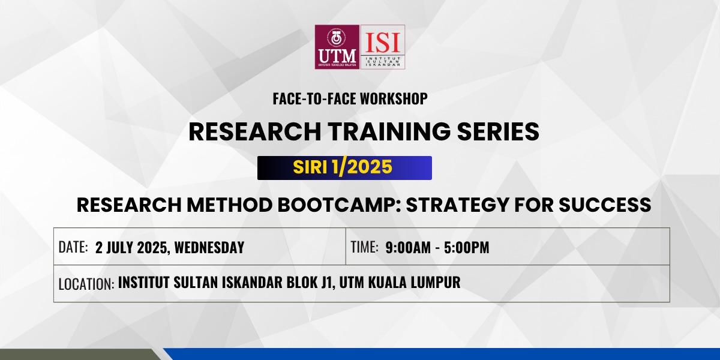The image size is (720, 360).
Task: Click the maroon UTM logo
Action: tap(337, 47)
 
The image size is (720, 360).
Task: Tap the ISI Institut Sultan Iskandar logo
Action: tap(383, 47)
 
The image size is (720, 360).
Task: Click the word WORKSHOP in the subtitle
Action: tap(394, 98)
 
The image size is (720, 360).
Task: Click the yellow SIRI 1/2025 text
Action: tap(343, 167)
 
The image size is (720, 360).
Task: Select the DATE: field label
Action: tap(73, 247)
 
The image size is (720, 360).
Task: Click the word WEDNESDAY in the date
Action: tap(209, 247)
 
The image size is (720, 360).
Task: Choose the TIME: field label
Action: tap(365, 247)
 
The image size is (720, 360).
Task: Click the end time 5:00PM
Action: tap(467, 247)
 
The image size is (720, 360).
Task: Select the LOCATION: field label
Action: tap(86, 284)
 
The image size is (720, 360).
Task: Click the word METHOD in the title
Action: tap(230, 205)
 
